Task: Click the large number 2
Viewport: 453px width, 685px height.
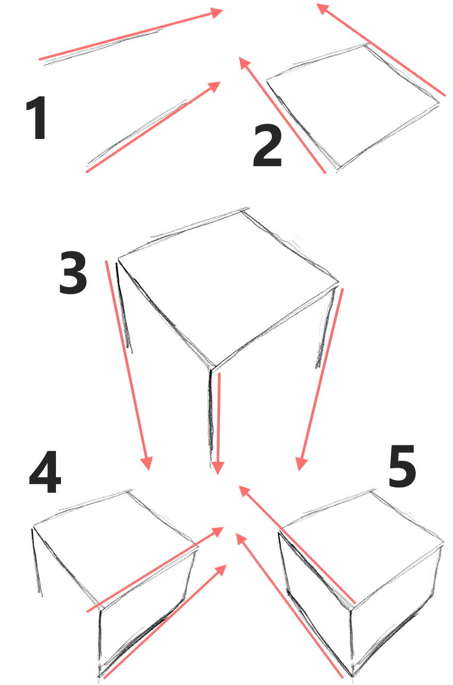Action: tap(268, 147)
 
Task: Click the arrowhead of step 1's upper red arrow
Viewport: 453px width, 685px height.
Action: tap(219, 11)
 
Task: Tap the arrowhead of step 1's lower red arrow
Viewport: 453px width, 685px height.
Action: tap(216, 85)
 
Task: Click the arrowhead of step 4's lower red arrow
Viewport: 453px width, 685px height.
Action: tap(223, 568)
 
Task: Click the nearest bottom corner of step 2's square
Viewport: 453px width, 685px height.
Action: tap(337, 169)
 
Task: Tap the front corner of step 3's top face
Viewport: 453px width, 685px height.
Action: tap(212, 369)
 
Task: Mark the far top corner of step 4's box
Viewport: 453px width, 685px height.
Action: tap(128, 491)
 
